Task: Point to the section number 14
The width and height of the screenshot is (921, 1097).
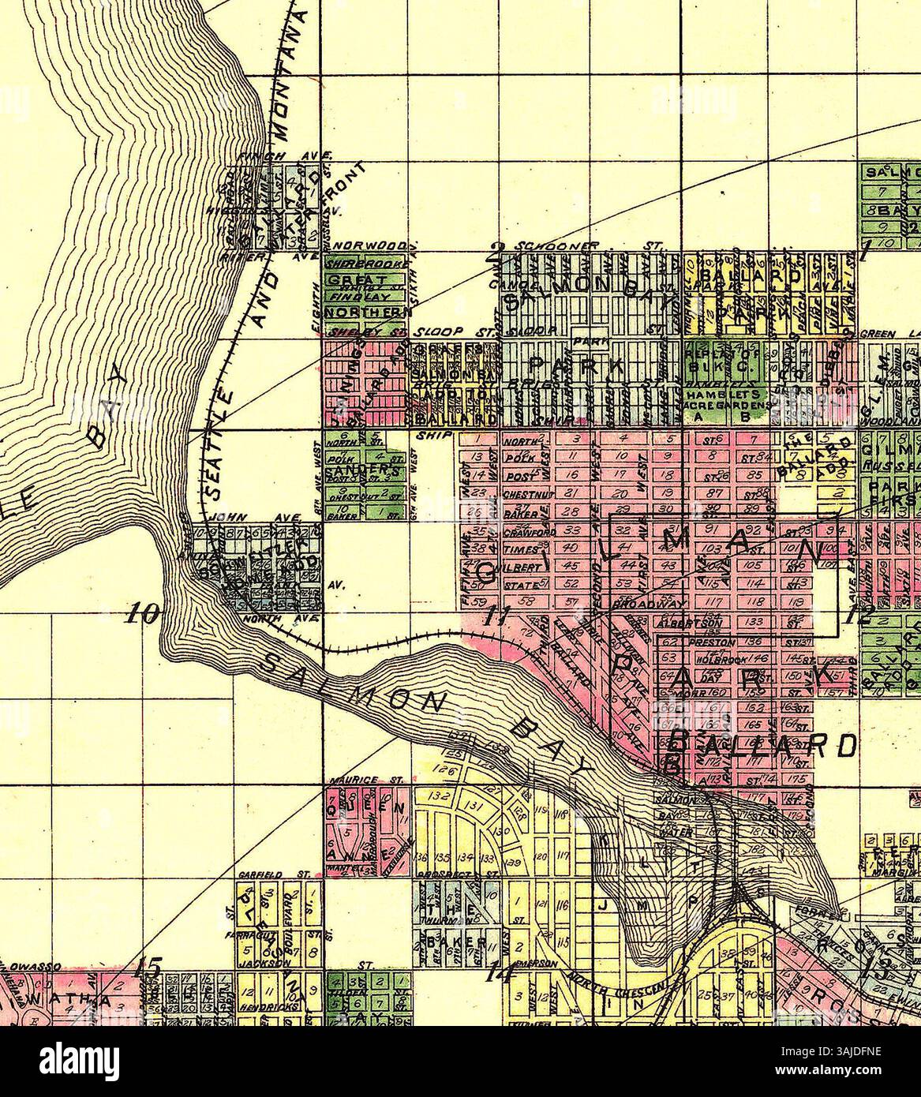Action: point(500,972)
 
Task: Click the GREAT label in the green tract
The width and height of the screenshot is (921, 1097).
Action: point(357,281)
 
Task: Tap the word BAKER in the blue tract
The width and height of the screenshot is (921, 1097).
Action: point(444,944)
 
